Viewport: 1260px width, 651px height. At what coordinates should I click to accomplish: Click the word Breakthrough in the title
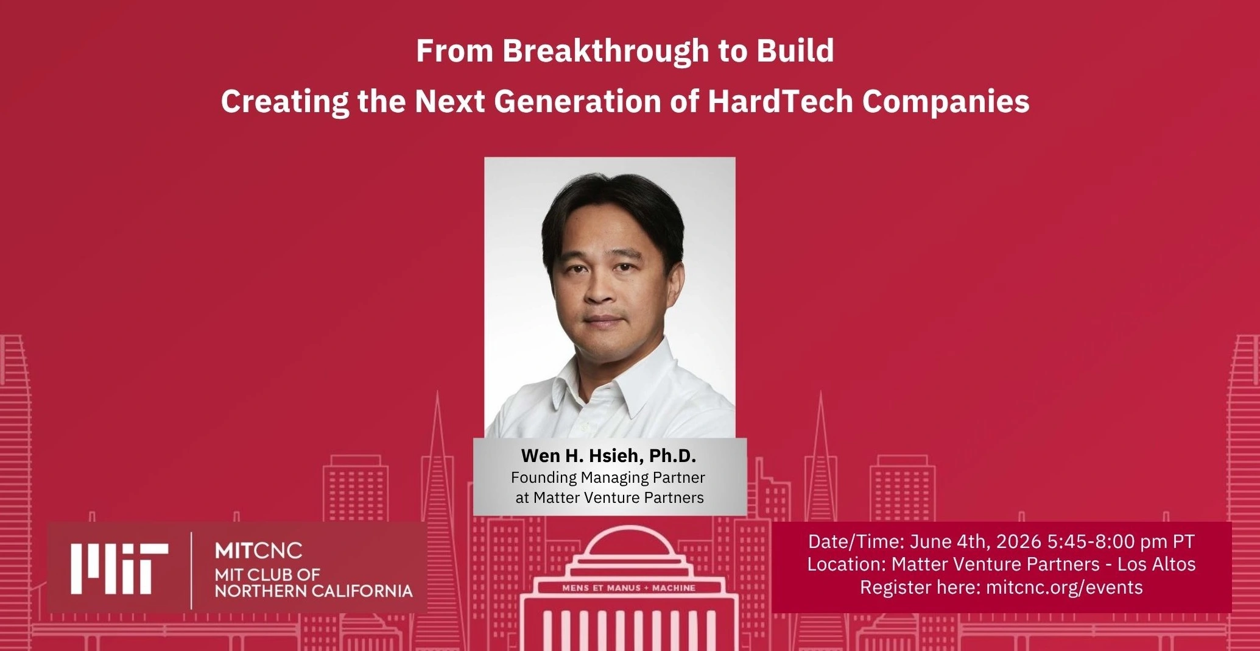click(x=606, y=51)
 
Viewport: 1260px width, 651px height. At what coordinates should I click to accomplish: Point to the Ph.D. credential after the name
click(x=672, y=456)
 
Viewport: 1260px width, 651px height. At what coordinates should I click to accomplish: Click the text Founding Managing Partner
click(x=608, y=477)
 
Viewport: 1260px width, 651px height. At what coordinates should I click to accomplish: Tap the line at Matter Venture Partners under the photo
click(x=610, y=497)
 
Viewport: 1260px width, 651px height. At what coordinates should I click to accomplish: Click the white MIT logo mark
click(x=119, y=568)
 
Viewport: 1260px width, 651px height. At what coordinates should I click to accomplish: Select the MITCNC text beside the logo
click(x=258, y=551)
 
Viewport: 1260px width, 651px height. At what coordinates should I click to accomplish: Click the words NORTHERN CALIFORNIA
click(x=314, y=591)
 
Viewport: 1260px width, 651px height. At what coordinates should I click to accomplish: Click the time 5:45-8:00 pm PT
click(x=1121, y=541)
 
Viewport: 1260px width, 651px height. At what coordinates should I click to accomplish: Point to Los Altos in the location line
click(x=1156, y=564)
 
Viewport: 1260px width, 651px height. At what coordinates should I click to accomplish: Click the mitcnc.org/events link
click(x=1064, y=587)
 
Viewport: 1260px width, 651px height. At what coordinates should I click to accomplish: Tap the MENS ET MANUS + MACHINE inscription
click(x=628, y=588)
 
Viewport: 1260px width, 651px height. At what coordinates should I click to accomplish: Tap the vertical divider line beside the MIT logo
click(x=192, y=571)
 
